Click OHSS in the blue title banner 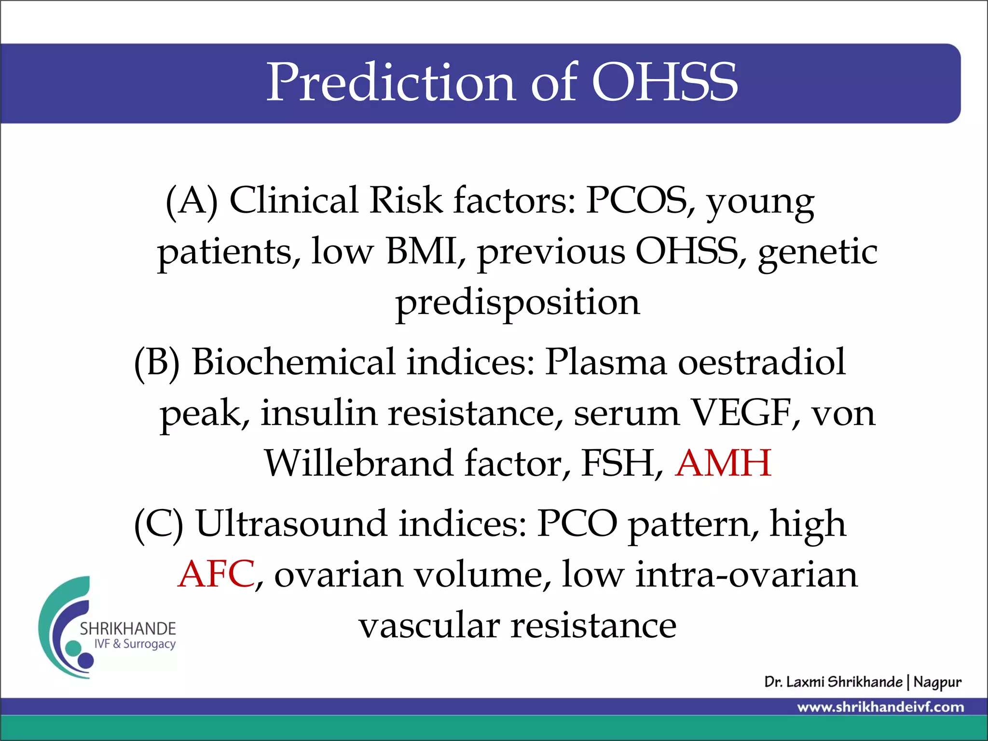click(664, 83)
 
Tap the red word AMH click(723, 463)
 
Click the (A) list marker click(192, 201)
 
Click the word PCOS click(640, 201)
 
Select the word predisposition click(517, 302)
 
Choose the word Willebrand click(358, 463)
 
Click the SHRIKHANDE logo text click(128, 629)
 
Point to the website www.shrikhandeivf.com click(880, 707)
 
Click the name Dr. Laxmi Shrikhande click(833, 682)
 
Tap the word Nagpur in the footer click(937, 682)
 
